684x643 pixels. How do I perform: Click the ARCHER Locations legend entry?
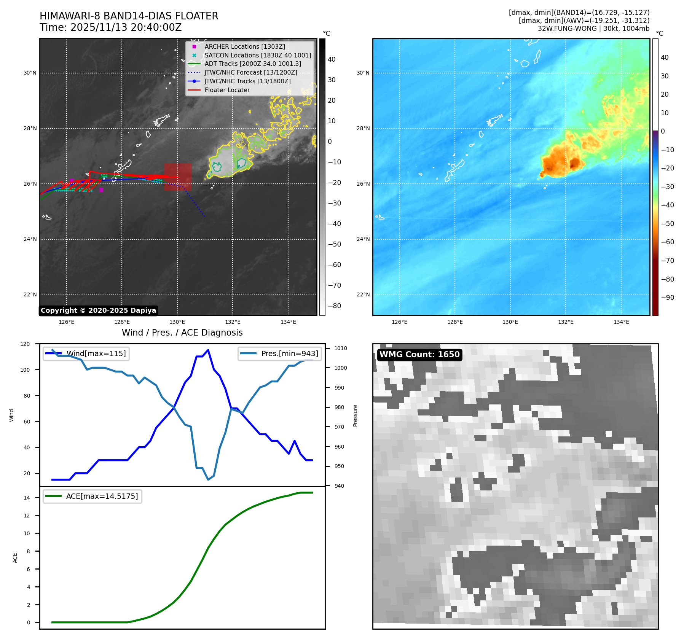coord(244,46)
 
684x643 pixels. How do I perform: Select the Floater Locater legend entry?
coord(227,90)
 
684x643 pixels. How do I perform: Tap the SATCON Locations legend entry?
coord(258,55)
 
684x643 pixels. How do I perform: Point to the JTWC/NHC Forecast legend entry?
coord(251,72)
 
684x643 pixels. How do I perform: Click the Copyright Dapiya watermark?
coord(98,310)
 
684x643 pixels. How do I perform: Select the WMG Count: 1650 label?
coord(419,355)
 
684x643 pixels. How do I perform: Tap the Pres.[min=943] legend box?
coord(280,353)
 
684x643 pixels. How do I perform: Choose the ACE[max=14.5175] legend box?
coord(92,496)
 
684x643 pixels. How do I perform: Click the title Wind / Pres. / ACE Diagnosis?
coord(182,333)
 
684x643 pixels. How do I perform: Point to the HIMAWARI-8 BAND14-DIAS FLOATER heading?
coord(129,16)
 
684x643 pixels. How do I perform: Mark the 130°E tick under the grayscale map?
coord(177,322)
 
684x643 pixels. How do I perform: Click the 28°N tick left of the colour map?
coord(363,128)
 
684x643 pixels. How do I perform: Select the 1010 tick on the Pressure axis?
coord(340,348)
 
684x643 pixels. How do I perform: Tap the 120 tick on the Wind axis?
coord(25,344)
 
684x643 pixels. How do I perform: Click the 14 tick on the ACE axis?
coord(27,498)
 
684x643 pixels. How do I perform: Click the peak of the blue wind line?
coord(208,350)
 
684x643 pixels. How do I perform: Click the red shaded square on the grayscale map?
coord(178,177)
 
